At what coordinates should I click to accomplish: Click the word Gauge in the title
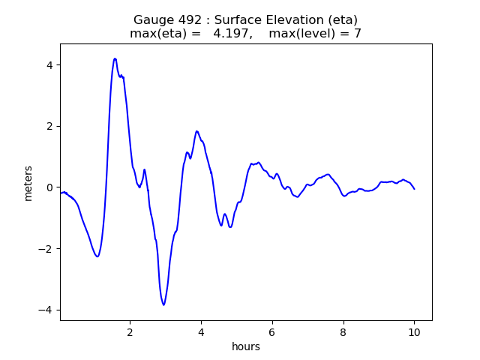click(150, 20)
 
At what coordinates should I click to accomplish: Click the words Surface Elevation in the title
click(269, 20)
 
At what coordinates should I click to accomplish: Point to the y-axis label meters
click(28, 183)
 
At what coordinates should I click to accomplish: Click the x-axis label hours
click(246, 346)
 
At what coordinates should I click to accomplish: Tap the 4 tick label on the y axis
click(49, 65)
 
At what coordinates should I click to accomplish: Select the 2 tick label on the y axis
click(49, 127)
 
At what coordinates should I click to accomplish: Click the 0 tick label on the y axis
click(49, 187)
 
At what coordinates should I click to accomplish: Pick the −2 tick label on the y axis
click(45, 248)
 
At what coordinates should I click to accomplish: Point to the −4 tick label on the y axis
click(45, 310)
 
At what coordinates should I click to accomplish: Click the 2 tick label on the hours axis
click(130, 332)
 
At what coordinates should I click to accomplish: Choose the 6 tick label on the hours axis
click(271, 332)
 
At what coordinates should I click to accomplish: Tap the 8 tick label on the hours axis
click(343, 332)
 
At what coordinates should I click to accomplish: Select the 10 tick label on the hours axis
click(414, 332)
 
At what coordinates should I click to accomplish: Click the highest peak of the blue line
click(115, 58)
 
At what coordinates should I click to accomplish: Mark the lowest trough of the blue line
click(163, 305)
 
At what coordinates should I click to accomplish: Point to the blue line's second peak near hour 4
click(196, 131)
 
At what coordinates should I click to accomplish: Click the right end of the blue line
click(415, 189)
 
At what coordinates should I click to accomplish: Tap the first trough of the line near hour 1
click(97, 256)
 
